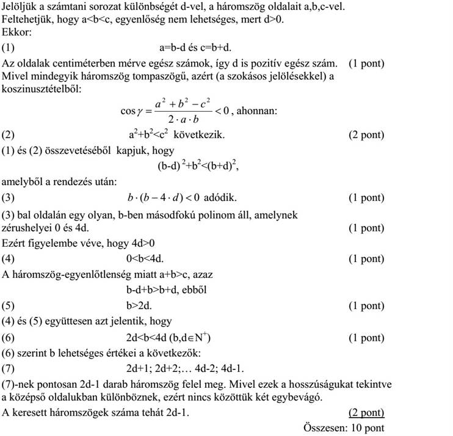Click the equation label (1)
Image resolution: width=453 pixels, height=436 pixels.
click(9, 47)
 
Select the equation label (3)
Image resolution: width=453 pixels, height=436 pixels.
click(9, 197)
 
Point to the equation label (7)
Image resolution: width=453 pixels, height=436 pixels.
click(9, 368)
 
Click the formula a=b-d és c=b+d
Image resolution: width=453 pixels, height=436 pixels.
click(195, 47)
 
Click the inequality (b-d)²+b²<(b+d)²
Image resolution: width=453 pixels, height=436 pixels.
click(194, 165)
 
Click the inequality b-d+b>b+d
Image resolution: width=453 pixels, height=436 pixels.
click(164, 289)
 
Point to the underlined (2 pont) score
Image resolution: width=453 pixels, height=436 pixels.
click(366, 413)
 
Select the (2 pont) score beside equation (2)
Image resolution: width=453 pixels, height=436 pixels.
click(366, 135)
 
